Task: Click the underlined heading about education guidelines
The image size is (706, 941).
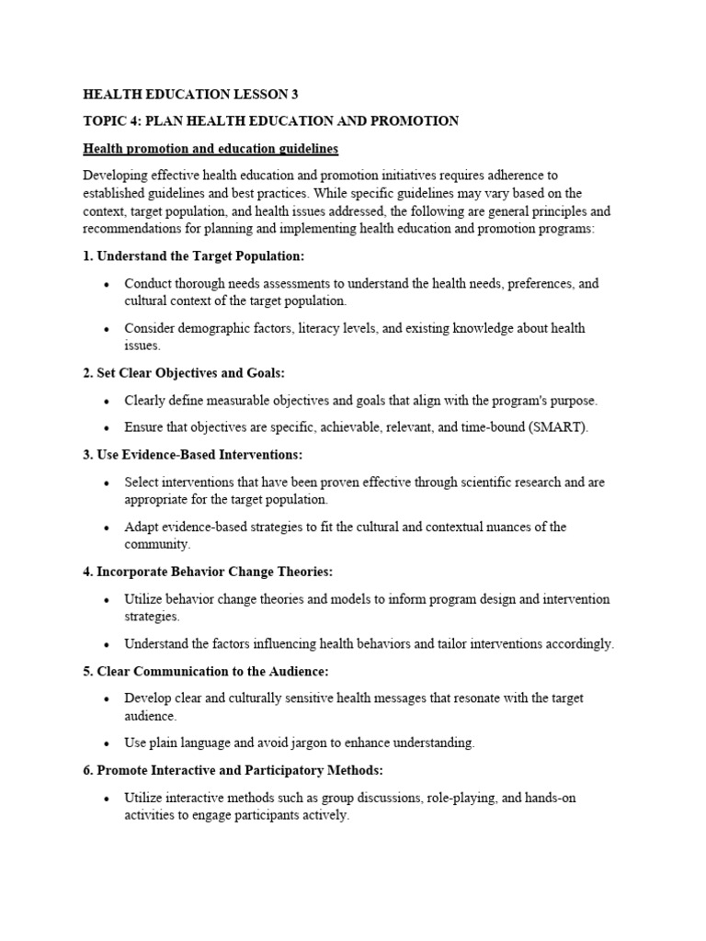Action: coord(211,148)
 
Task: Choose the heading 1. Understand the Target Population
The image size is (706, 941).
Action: coord(193,255)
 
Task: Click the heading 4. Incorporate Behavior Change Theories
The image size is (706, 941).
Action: coord(208,572)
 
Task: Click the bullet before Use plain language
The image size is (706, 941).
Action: coord(107,743)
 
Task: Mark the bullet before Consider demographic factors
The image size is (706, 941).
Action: coord(107,329)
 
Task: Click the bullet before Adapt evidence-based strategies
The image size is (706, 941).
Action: coord(107,527)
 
